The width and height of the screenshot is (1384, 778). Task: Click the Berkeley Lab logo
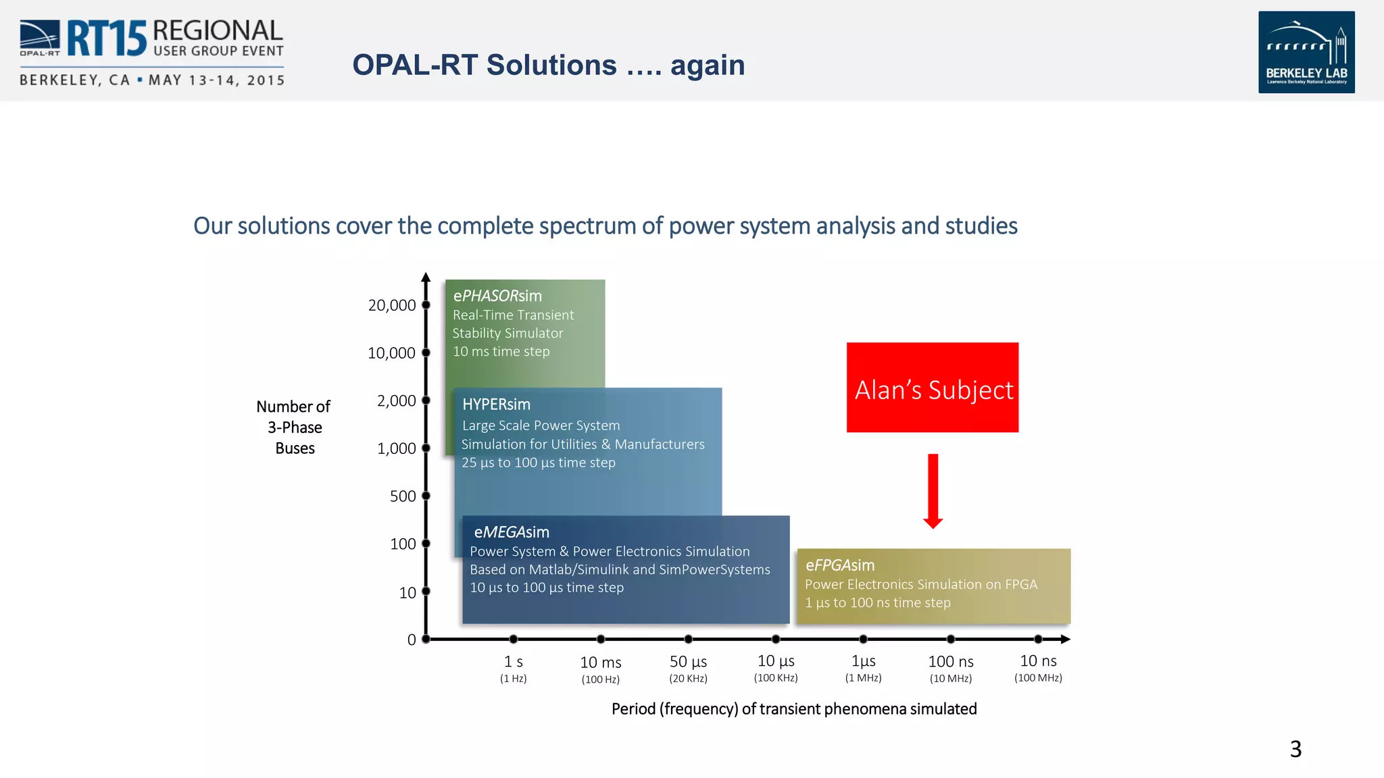[1306, 52]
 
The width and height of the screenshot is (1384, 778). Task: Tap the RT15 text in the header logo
[106, 38]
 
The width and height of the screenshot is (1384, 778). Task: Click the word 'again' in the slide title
[707, 66]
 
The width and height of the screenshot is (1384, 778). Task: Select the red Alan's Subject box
[932, 388]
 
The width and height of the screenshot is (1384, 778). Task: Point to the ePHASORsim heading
[497, 296]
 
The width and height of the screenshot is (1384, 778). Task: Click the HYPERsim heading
[496, 405]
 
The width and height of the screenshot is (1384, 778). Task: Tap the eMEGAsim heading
[511, 532]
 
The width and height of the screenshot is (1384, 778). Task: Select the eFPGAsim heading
[839, 565]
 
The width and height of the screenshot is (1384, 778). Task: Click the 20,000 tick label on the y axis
[391, 305]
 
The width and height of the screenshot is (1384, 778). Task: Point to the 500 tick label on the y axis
[403, 496]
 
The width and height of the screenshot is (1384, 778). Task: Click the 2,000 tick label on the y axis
[396, 401]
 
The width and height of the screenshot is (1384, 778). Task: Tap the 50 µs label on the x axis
[688, 662]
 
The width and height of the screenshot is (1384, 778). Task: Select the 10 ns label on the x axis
[1038, 661]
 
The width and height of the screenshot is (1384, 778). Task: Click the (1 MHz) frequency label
[863, 678]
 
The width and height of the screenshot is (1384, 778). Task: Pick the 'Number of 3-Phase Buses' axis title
[294, 427]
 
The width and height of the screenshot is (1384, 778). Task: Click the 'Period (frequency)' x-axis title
[793, 709]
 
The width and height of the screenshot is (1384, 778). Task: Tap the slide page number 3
[1295, 749]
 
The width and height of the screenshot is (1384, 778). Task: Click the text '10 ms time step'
[501, 352]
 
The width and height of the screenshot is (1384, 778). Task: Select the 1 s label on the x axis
[513, 662]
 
